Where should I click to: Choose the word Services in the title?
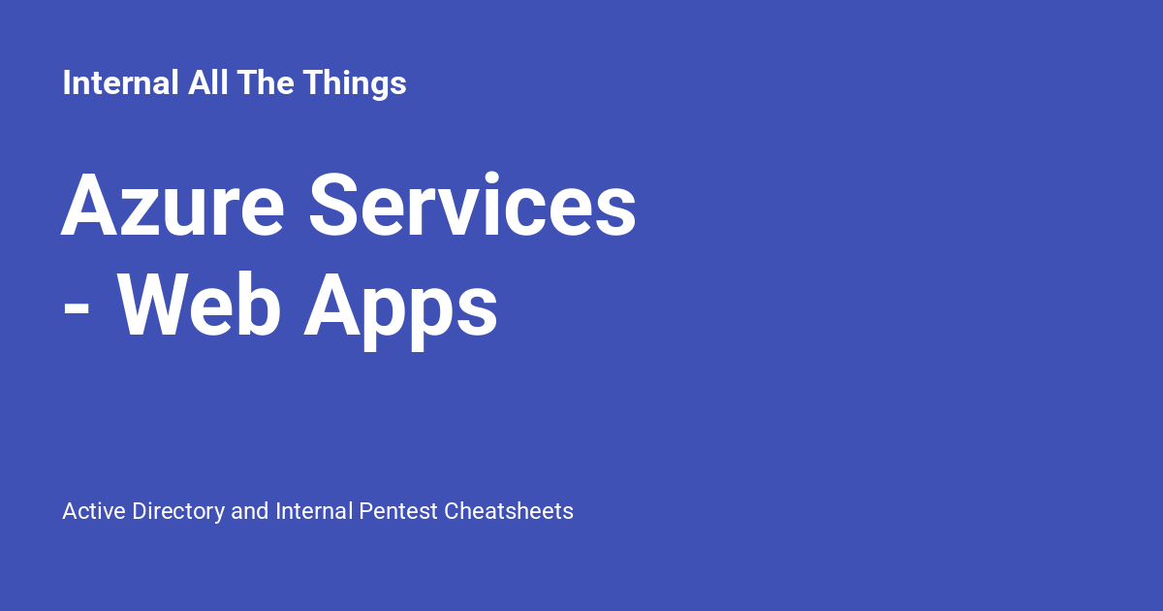click(x=473, y=206)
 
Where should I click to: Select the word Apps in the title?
click(x=400, y=308)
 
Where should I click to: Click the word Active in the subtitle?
click(x=94, y=511)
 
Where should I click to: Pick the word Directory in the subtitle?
click(x=178, y=511)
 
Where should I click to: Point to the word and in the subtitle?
click(x=250, y=511)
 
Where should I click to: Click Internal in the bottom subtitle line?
click(x=314, y=511)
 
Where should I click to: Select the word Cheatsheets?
click(x=509, y=511)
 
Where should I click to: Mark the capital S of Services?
click(x=338, y=206)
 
